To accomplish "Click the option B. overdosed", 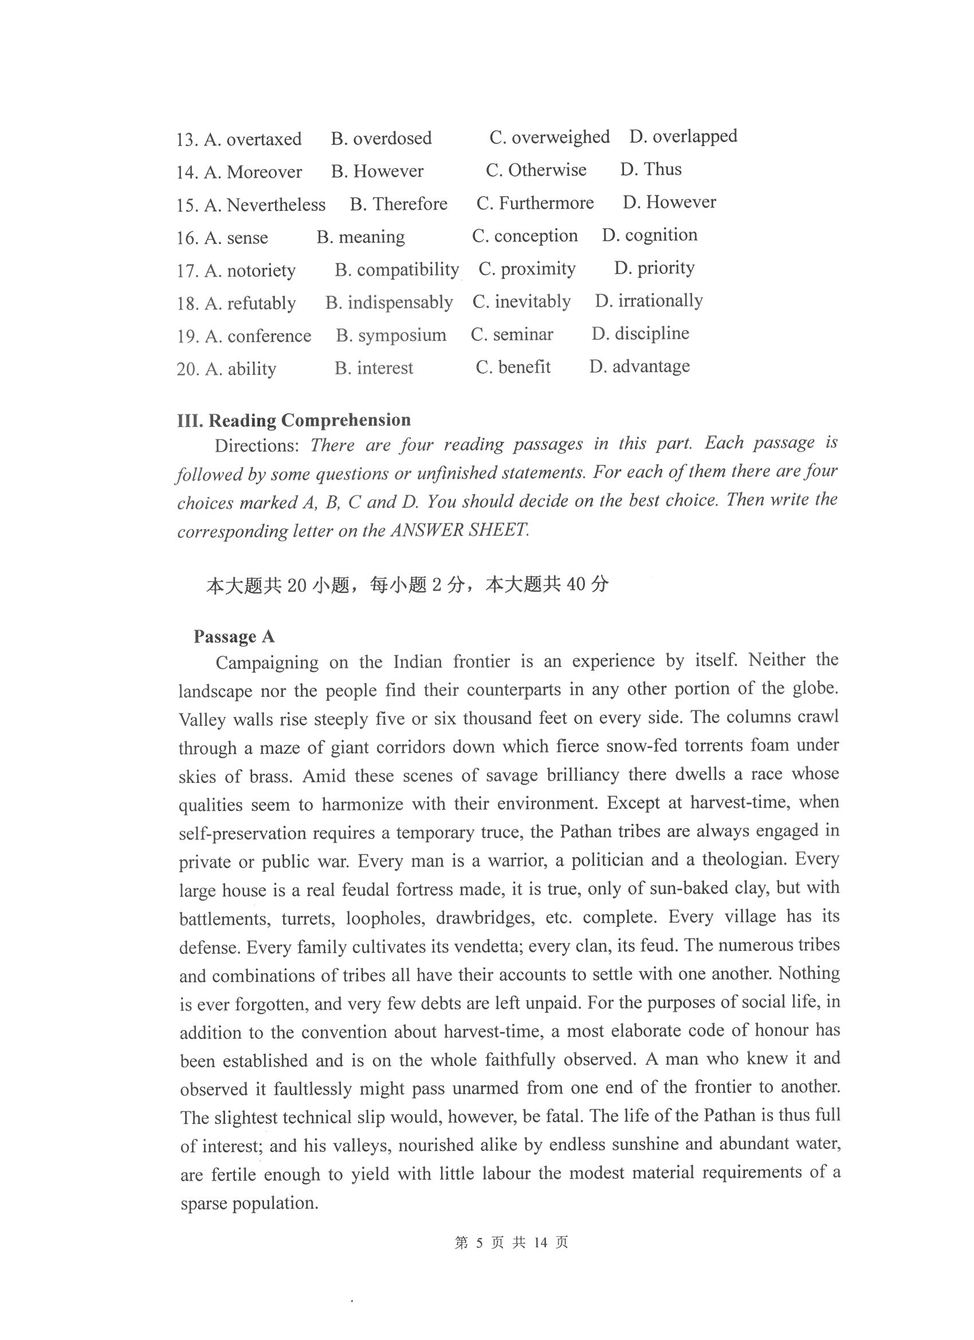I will pyautogui.click(x=381, y=139).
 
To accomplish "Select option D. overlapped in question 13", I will pyautogui.click(x=683, y=136).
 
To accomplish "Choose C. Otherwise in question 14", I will pyautogui.click(x=536, y=170).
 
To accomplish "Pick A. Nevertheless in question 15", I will pyautogui.click(x=265, y=205).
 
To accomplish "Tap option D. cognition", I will pyautogui.click(x=649, y=235).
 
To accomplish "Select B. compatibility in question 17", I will pyautogui.click(x=396, y=270).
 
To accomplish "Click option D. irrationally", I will pyautogui.click(x=649, y=301).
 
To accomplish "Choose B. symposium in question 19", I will pyautogui.click(x=391, y=335).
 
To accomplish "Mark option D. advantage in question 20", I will pyautogui.click(x=639, y=366).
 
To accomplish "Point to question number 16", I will pyautogui.click(x=187, y=238).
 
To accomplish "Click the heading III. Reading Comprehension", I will pyautogui.click(x=293, y=420).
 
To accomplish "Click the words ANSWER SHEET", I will pyautogui.click(x=459, y=530).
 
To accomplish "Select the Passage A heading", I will pyautogui.click(x=234, y=636).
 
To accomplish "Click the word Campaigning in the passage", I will pyautogui.click(x=266, y=663).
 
